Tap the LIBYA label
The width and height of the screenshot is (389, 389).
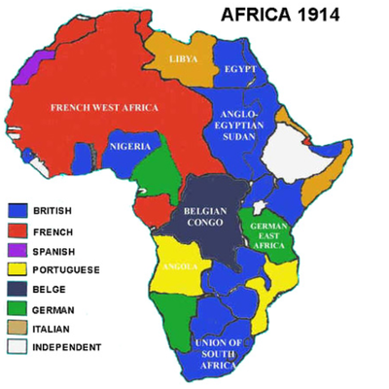pos(183,58)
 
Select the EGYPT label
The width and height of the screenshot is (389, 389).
pos(239,70)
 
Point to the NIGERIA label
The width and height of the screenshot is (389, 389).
pos(130,146)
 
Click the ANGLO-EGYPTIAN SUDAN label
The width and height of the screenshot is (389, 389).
pos(238,125)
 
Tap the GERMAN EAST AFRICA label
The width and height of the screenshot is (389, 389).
pos(265,236)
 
